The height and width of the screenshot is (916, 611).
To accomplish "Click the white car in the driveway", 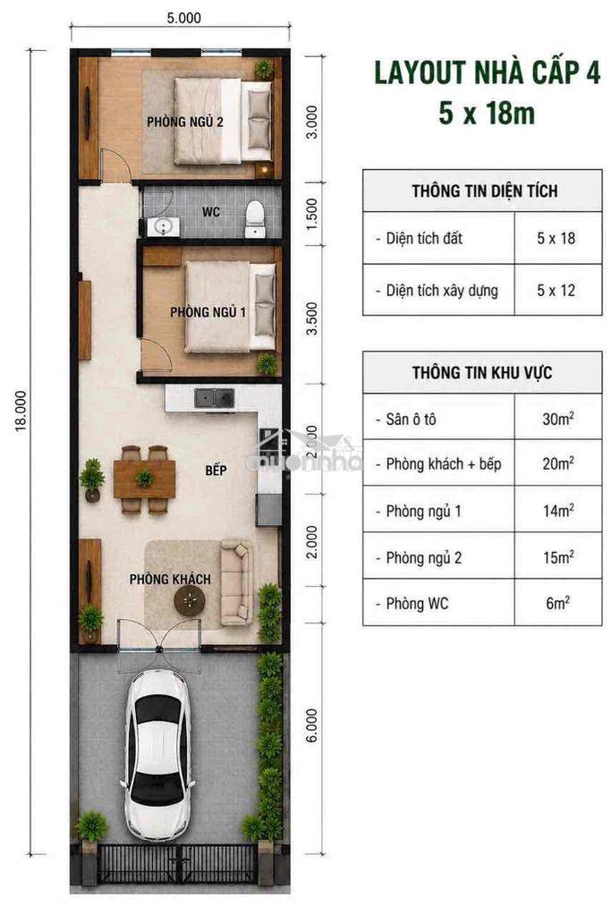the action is (157, 755).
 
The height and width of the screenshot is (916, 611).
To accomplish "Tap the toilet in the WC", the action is (255, 219).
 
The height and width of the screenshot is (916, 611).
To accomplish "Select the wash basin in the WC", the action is (163, 226).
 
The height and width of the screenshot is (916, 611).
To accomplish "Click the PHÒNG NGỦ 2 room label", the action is (184, 122).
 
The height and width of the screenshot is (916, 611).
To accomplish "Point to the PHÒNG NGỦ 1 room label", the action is (208, 312).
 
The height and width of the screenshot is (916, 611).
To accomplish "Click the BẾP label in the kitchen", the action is (216, 471).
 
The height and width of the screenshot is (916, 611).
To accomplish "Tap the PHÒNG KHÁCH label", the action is (170, 579).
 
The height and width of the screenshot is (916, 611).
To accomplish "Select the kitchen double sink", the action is (215, 398).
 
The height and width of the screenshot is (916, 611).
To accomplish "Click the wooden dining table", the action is (144, 479).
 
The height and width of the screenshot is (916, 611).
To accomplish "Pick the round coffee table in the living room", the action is (190, 600).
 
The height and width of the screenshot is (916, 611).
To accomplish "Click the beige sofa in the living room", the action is (236, 582).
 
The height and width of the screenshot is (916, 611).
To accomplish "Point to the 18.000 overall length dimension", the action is (21, 411).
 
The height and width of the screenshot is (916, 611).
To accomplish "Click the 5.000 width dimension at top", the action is (183, 18).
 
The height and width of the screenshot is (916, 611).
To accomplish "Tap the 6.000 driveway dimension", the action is (312, 725).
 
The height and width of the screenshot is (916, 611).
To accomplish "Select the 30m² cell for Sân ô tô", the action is (558, 419).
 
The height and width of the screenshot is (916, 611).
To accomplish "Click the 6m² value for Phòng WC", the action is (558, 603).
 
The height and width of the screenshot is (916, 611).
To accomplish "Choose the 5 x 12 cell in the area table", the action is (556, 290).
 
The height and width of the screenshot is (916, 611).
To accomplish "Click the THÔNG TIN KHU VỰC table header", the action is (482, 372).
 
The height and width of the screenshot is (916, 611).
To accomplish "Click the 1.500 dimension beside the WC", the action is (312, 213).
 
